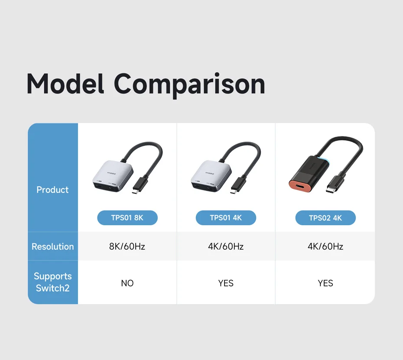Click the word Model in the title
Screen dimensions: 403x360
pyautogui.click(x=65, y=84)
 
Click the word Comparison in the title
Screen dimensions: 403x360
pyautogui.click(x=189, y=85)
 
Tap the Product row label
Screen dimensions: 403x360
pyautogui.click(x=52, y=190)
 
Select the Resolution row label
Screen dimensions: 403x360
pyautogui.click(x=53, y=246)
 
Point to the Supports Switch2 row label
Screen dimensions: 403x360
pyautogui.click(x=53, y=282)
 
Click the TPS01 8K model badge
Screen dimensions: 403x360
pyautogui.click(x=127, y=217)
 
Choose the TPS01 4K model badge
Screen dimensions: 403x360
pyautogui.click(x=226, y=217)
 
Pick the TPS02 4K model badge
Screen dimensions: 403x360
pyautogui.click(x=325, y=218)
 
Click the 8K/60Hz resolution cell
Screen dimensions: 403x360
pyautogui.click(x=127, y=246)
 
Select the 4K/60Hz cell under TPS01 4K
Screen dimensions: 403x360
pyautogui.click(x=226, y=246)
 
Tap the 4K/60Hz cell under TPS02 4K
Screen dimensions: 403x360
pyautogui.click(x=325, y=246)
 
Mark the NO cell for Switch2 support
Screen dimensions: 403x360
pyautogui.click(x=127, y=283)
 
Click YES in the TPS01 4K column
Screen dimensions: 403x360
pyautogui.click(x=226, y=283)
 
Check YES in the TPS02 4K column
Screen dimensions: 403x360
pyautogui.click(x=325, y=283)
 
